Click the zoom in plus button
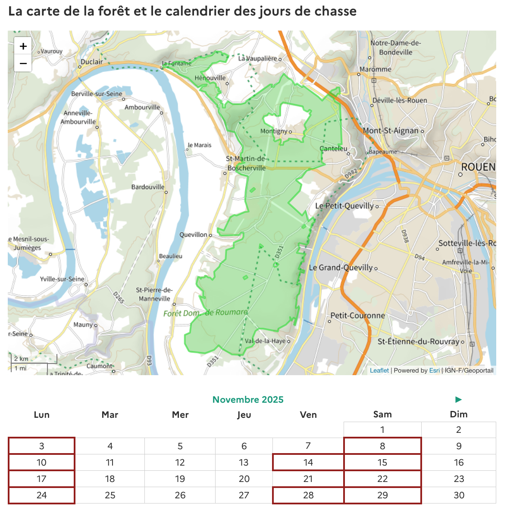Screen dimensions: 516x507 click(23, 46)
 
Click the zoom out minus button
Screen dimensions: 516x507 click(23, 63)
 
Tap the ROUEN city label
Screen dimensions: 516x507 click(478, 167)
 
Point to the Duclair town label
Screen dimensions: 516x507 click(91, 62)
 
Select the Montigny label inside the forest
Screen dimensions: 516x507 click(273, 131)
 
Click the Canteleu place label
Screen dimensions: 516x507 click(333, 149)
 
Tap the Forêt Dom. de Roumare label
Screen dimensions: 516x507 click(205, 313)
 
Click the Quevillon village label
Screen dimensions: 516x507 click(193, 235)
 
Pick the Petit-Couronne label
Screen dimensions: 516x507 click(357, 315)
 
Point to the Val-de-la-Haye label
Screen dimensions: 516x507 click(265, 341)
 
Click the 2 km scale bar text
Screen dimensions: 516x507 click(21, 358)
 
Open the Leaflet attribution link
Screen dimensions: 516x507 click(379, 370)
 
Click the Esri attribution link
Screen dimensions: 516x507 click(434, 370)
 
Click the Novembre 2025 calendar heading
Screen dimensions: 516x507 click(248, 400)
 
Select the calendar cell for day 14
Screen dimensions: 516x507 click(308, 463)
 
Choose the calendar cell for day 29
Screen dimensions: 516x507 click(382, 495)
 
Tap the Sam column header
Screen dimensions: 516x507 click(382, 414)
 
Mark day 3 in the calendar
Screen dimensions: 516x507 click(41, 446)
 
